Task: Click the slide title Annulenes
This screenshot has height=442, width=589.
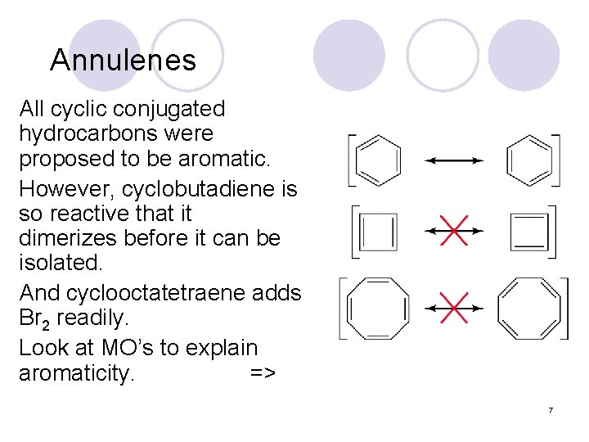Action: (x=123, y=60)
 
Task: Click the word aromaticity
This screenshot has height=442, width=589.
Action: (x=77, y=374)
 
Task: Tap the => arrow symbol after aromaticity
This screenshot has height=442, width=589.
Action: (x=263, y=374)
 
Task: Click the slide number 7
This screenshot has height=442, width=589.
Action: (x=551, y=409)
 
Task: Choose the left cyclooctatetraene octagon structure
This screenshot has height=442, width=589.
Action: (x=379, y=308)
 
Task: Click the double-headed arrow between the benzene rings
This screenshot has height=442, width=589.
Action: (x=454, y=161)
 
